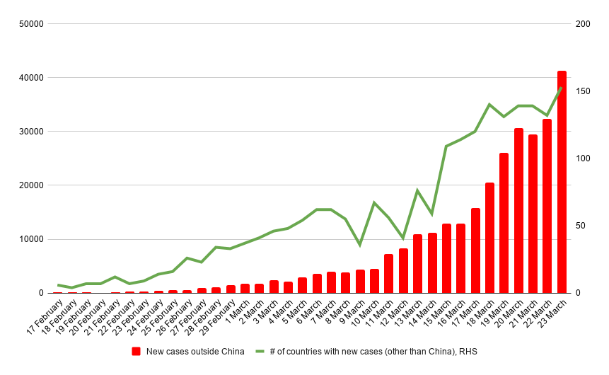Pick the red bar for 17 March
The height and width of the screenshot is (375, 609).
pyautogui.click(x=475, y=250)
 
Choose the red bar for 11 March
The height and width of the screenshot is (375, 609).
pyautogui.click(x=388, y=274)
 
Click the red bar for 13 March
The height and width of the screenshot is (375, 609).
pyautogui.click(x=417, y=264)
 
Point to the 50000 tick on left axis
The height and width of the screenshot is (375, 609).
pyautogui.click(x=30, y=24)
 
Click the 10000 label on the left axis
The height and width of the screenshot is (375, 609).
pyautogui.click(x=30, y=239)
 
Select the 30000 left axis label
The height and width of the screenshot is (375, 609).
pyautogui.click(x=30, y=132)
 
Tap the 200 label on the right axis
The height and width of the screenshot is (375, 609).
pyautogui.click(x=583, y=24)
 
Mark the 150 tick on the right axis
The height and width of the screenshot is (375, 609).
pyautogui.click(x=583, y=91)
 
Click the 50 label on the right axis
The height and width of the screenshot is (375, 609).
pyautogui.click(x=580, y=226)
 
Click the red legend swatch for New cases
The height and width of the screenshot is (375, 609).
pyautogui.click(x=137, y=351)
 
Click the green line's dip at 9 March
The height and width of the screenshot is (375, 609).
pyautogui.click(x=359, y=245)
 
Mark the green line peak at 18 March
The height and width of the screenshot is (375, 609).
pyautogui.click(x=489, y=105)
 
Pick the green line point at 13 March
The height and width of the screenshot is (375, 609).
pyautogui.click(x=417, y=190)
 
